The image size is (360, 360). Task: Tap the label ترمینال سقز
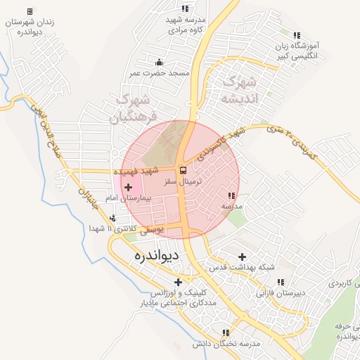(x=182, y=181)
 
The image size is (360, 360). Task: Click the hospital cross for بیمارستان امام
(x=128, y=187)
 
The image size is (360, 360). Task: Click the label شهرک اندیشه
(x=239, y=90)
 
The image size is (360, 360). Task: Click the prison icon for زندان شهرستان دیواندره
(x=30, y=12)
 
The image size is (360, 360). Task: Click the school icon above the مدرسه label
(x=231, y=195)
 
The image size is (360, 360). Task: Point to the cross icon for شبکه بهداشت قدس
(x=243, y=257)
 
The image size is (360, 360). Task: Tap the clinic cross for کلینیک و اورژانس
(x=178, y=282)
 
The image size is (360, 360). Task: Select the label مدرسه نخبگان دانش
(x=225, y=343)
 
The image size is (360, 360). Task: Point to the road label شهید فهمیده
(x=136, y=171)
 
